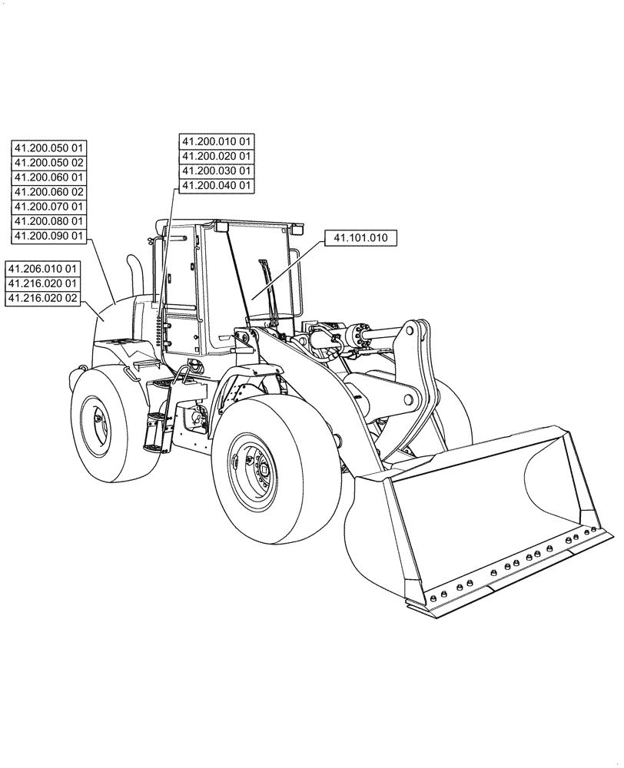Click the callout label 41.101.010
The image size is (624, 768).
pyautogui.click(x=360, y=238)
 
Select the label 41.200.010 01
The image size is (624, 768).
pyautogui.click(x=216, y=141)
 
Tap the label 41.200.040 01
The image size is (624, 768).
pyautogui.click(x=216, y=185)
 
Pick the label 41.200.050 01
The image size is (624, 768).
pyautogui.click(x=49, y=148)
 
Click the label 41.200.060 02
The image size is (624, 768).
pyautogui.click(x=49, y=192)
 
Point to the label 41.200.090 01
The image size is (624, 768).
pyautogui.click(x=49, y=236)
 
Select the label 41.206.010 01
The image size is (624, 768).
pyautogui.click(x=42, y=269)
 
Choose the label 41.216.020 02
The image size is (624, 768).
pyautogui.click(x=42, y=298)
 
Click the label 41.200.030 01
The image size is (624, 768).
pyautogui.click(x=216, y=170)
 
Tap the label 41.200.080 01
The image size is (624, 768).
pyautogui.click(x=49, y=221)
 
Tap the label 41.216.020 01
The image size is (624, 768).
pyautogui.click(x=42, y=283)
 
